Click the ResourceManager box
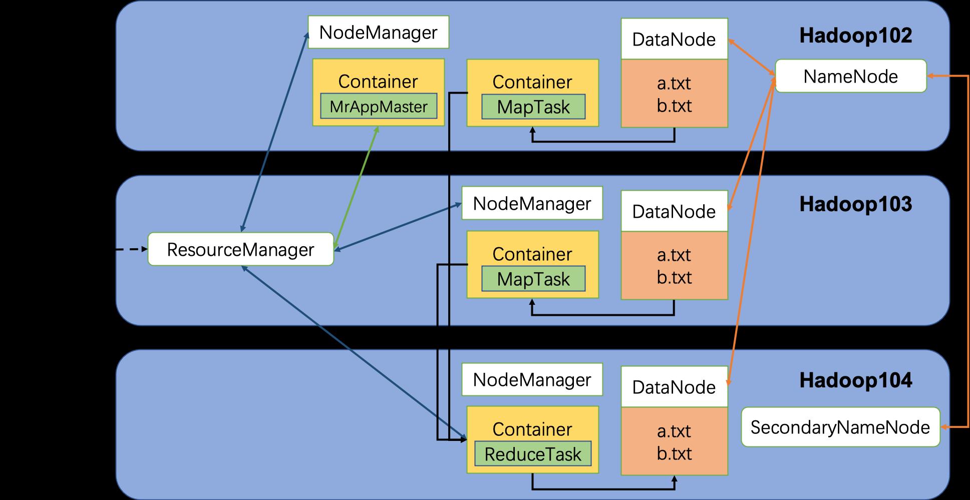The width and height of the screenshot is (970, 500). (240, 249)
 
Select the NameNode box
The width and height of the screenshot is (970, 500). (850, 76)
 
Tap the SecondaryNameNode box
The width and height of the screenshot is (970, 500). (840, 427)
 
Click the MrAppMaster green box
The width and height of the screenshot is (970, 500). (378, 107)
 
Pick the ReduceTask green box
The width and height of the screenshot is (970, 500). (533, 454)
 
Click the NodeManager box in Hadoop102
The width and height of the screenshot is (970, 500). (378, 33)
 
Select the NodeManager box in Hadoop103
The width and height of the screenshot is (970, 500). (532, 204)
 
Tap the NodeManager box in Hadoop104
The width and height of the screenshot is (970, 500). (532, 380)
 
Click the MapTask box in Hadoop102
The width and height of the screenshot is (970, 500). (533, 107)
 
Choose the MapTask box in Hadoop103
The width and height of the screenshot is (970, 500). (533, 279)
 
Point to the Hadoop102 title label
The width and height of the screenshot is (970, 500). (855, 36)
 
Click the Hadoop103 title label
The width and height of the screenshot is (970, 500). (855, 205)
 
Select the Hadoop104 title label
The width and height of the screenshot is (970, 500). (855, 381)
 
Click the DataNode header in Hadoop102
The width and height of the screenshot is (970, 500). (674, 40)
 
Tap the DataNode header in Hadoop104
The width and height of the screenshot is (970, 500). (674, 387)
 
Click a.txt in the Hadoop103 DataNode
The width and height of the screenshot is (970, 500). (674, 255)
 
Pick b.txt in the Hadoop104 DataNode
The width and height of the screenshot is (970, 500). (674, 453)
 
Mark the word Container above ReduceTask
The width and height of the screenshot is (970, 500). (532, 429)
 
